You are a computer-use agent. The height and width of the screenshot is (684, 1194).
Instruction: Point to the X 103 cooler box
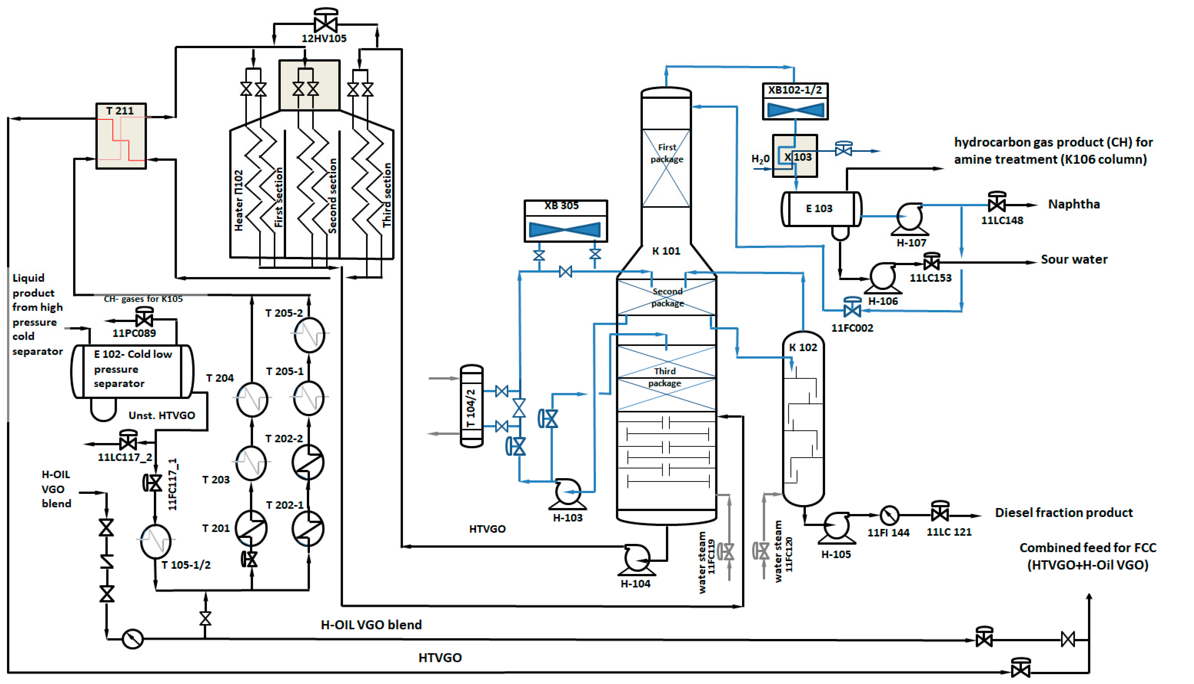[x=795, y=156]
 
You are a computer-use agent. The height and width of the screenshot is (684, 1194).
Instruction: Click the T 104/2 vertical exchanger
[x=472, y=406]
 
